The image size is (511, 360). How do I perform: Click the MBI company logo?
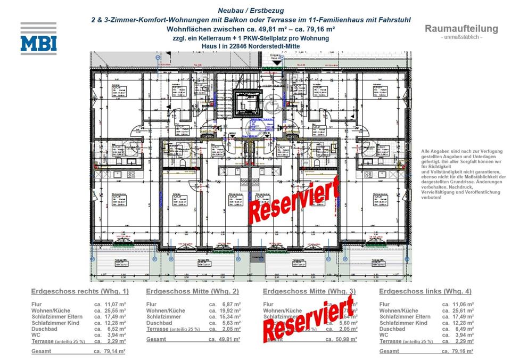(x=38, y=38)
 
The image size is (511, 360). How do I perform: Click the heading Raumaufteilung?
(x=461, y=29)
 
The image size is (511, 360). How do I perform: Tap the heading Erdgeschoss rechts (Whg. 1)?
(x=80, y=291)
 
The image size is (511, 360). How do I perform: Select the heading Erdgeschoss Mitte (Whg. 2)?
(x=192, y=291)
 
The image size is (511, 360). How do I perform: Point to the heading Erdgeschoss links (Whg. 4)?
(x=425, y=291)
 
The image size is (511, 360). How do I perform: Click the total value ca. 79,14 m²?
(x=109, y=351)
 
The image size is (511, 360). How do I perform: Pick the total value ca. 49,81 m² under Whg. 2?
(x=224, y=339)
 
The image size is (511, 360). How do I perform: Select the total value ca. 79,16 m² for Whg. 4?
(x=457, y=351)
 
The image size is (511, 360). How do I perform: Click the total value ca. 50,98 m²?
(x=341, y=339)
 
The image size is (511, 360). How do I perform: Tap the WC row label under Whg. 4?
(x=384, y=336)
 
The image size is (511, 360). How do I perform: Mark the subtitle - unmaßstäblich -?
(x=461, y=37)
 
